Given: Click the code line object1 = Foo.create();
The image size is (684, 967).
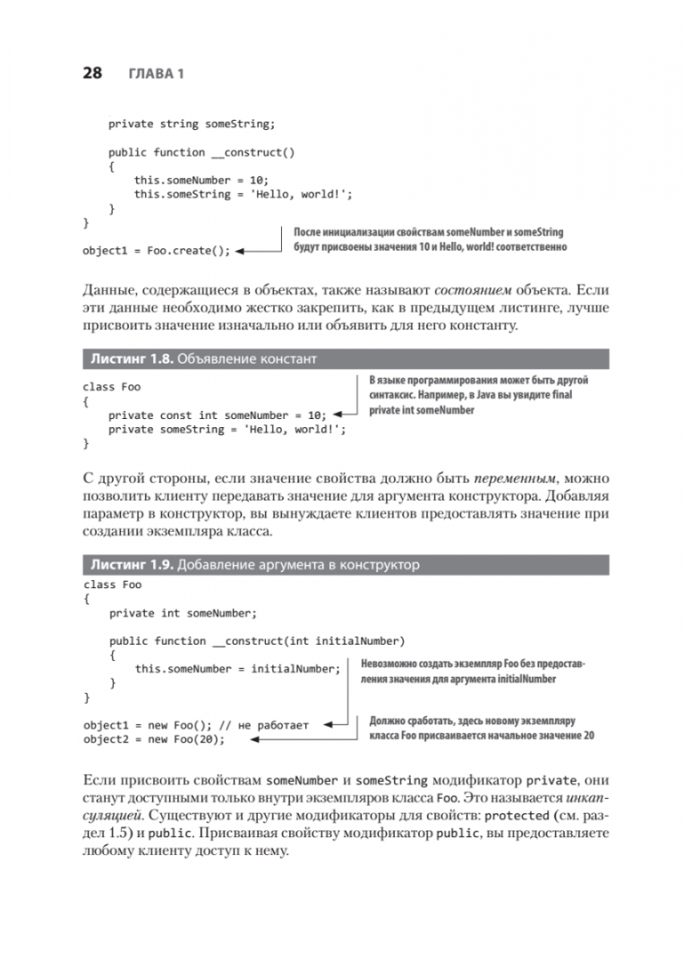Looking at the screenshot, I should point(157,251).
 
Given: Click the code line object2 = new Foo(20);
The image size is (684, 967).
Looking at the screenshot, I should point(154,740).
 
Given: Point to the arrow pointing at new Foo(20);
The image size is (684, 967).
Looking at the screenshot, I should point(269,740).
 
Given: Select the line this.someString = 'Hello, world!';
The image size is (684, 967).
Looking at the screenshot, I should point(243,193).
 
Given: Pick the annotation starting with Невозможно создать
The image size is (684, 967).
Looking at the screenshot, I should point(475,672).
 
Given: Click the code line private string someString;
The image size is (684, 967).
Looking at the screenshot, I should point(192,124).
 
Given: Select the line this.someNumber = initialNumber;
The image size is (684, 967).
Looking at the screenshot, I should point(237,669).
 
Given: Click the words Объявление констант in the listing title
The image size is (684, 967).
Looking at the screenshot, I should point(248,360).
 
